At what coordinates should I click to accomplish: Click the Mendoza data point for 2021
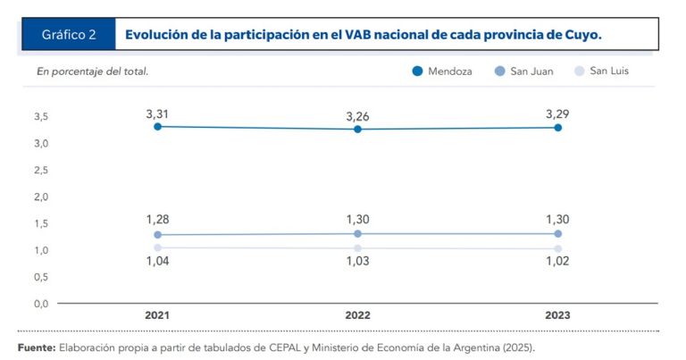pyautogui.click(x=158, y=127)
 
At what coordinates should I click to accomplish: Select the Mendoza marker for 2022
pyautogui.click(x=357, y=130)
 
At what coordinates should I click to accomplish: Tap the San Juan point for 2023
pyautogui.click(x=557, y=234)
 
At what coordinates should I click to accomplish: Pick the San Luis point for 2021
pyautogui.click(x=158, y=247)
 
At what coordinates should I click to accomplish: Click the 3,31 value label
pyautogui.click(x=158, y=113)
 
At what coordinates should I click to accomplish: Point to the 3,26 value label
pyautogui.click(x=357, y=116)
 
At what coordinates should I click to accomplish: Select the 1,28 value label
pyautogui.click(x=158, y=220)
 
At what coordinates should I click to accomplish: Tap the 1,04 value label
pyautogui.click(x=158, y=262)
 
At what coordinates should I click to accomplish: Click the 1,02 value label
pyautogui.click(x=557, y=262)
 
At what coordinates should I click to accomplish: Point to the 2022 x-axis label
pyautogui.click(x=357, y=315)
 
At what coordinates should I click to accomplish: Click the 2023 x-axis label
pyautogui.click(x=557, y=315)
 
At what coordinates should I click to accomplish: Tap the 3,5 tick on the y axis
pyautogui.click(x=41, y=117)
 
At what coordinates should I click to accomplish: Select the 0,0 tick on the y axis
pyautogui.click(x=41, y=304)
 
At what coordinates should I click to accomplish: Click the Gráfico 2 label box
pyautogui.click(x=69, y=35)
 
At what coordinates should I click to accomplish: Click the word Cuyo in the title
pyautogui.click(x=581, y=35)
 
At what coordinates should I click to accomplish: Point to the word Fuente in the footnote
pyautogui.click(x=37, y=347)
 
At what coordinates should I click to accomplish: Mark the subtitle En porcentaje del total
pyautogui.click(x=93, y=71)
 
